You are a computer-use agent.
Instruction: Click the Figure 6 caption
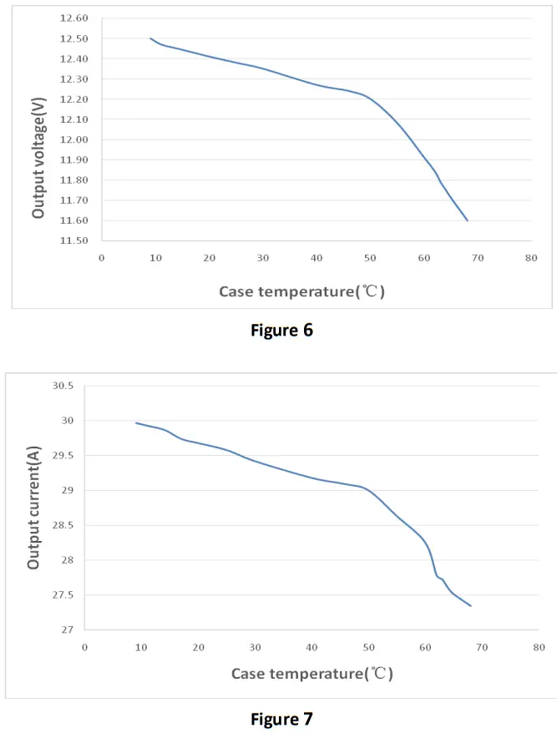coord(281,330)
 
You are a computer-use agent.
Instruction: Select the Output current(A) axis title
coord(34,508)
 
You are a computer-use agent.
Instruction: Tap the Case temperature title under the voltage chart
coord(301,291)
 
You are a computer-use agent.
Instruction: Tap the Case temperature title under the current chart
coord(311,673)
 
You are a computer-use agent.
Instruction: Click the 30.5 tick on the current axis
coord(63,386)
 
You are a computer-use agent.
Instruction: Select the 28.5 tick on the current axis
coord(63,525)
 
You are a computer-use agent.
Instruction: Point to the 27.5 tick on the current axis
coord(63,595)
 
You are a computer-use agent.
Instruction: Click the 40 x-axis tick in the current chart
coord(311,646)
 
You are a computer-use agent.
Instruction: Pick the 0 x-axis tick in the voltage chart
coord(102,257)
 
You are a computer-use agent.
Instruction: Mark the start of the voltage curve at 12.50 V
coord(150,38)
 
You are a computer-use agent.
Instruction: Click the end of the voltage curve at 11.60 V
coord(468,220)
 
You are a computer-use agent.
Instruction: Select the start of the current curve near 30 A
coord(136,422)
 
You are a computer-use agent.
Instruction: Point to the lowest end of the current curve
coord(471,606)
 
